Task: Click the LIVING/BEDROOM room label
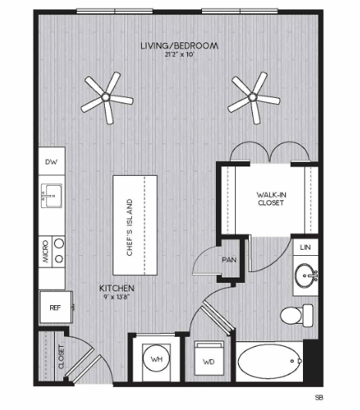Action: (180, 45)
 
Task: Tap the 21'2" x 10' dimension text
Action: (180, 55)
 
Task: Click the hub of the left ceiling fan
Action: (106, 97)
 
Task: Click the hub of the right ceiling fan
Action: (253, 97)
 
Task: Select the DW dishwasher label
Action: (52, 162)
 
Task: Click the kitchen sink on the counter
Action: (52, 196)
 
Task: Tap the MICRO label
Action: (45, 251)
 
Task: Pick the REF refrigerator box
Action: (56, 307)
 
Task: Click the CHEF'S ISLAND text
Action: (130, 227)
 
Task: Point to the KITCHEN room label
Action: (116, 288)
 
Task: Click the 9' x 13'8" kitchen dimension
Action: (116, 297)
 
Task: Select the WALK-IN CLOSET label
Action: (271, 199)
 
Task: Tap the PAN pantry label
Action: (229, 260)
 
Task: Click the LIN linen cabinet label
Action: (305, 247)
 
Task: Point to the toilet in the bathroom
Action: (297, 315)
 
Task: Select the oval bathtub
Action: (270, 361)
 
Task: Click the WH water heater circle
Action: (156, 359)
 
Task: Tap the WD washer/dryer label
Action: (208, 362)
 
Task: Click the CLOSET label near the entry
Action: (61, 357)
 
